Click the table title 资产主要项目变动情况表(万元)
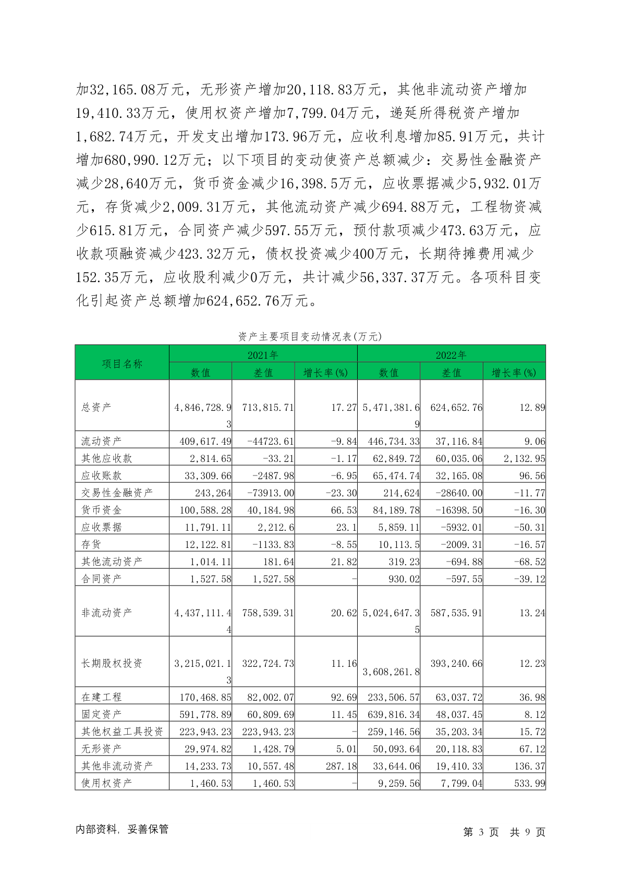tap(310, 337)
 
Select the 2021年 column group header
tap(263, 355)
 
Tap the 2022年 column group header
tap(451, 355)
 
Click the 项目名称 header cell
tap(122, 363)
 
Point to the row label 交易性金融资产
tap(117, 493)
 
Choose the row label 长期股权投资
tap(112, 663)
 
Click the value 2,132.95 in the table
tap(517, 458)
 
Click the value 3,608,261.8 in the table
tap(391, 672)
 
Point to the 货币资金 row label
tap(101, 510)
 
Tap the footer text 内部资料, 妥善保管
tap(122, 830)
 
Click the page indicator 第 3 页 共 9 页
tap(504, 832)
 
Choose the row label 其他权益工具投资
tap(122, 731)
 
